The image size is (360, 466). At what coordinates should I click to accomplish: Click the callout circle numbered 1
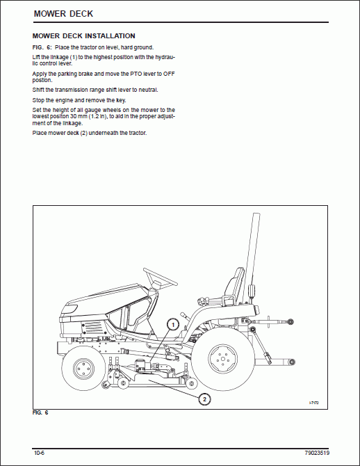(173, 324)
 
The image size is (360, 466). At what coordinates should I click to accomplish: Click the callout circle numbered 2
(204, 399)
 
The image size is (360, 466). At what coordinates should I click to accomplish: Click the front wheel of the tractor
(83, 369)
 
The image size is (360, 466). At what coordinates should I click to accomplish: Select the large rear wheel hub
(223, 359)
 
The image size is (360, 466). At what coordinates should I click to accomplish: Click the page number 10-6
(39, 453)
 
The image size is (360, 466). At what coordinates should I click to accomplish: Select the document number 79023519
(317, 453)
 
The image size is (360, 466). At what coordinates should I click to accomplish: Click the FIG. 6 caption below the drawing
(40, 412)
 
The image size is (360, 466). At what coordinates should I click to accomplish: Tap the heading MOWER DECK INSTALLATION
(84, 36)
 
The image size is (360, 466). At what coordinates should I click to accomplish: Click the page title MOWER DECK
(63, 14)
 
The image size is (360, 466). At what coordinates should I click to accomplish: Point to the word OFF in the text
(169, 74)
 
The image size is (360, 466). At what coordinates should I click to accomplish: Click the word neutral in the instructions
(148, 90)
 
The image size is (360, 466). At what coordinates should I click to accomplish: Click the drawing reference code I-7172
(313, 403)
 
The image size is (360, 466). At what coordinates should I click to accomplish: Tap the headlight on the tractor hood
(70, 309)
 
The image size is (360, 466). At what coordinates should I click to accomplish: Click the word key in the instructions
(121, 100)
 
